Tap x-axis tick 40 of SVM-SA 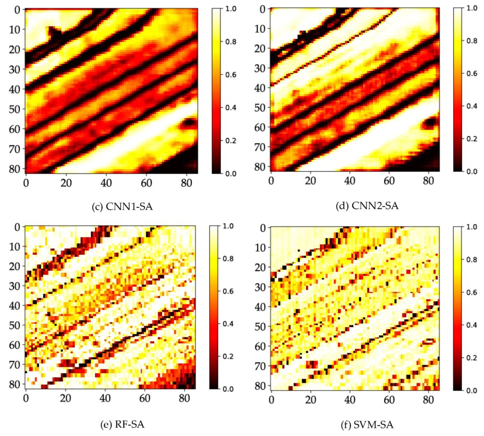(350, 399)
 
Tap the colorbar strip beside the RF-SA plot (215, 307)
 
